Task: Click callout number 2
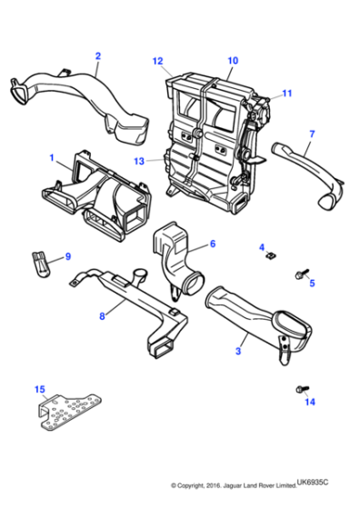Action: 97,56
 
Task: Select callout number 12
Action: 157,61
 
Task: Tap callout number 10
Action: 232,61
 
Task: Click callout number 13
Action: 139,161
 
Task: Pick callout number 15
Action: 39,390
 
